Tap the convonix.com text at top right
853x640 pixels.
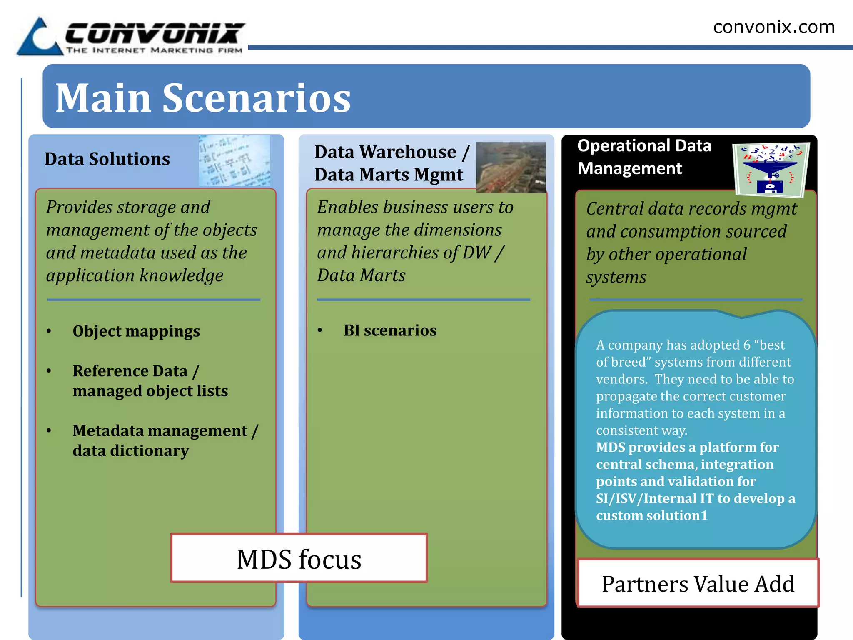(773, 27)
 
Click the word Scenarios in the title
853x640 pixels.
(256, 98)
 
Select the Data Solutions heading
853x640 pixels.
(107, 159)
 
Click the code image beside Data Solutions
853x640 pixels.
(234, 160)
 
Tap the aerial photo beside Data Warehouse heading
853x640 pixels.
(511, 167)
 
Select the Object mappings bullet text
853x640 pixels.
(136, 331)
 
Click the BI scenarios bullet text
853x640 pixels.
(390, 330)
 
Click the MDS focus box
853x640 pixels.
(299, 558)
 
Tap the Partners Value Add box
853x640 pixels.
(698, 583)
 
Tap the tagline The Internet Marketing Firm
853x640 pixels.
(154, 51)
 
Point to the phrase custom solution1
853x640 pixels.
(652, 515)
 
